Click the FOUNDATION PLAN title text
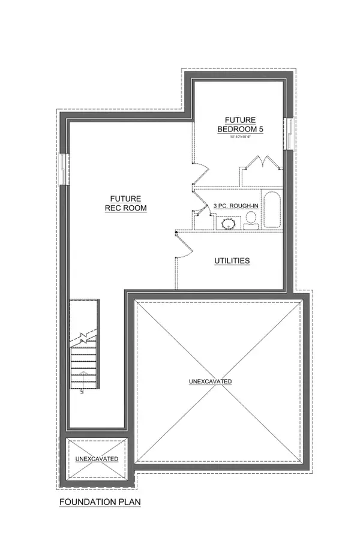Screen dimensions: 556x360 [x=99, y=501]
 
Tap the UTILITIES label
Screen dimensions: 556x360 [x=232, y=261]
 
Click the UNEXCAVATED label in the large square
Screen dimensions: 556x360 [x=210, y=381]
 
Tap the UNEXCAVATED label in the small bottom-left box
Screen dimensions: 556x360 [x=97, y=459]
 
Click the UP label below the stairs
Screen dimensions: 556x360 [x=80, y=394]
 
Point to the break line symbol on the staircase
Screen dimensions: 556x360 [x=82, y=336]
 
